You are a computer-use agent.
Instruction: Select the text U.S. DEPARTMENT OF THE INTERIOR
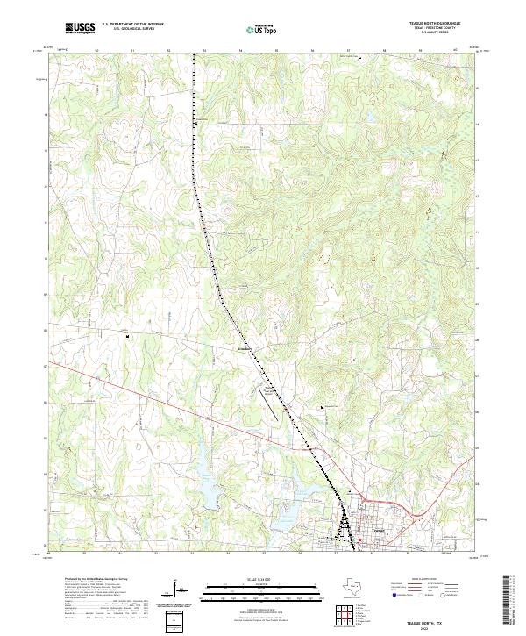tap(133, 24)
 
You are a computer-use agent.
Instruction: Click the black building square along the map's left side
tap(128, 335)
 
